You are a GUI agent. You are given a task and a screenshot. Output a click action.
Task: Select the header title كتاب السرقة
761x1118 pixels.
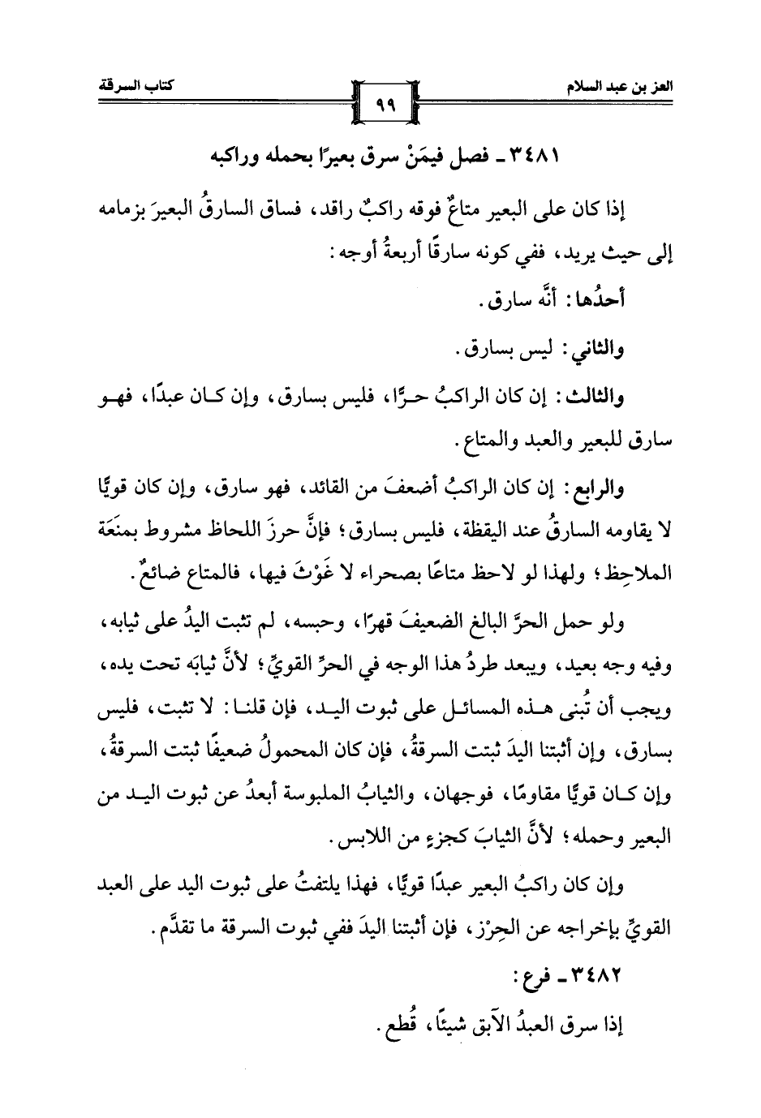(123, 85)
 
